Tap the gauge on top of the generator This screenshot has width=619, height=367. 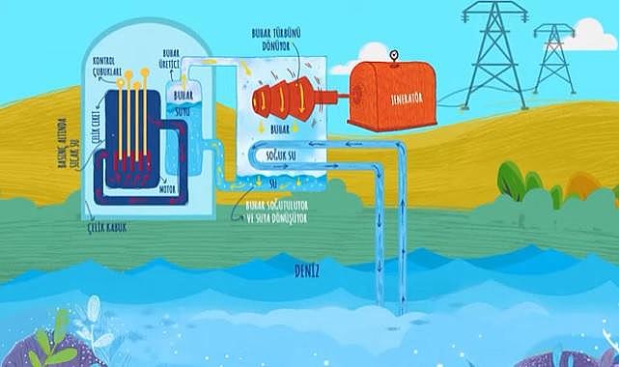click(394, 55)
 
